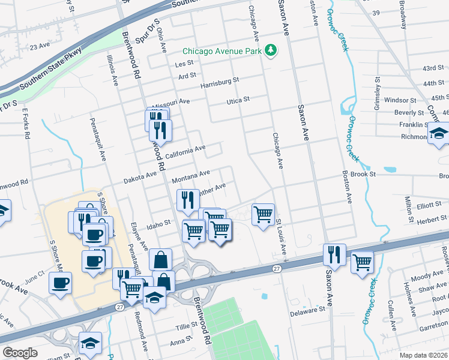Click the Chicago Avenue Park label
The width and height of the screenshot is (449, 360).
pyautogui.click(x=222, y=51)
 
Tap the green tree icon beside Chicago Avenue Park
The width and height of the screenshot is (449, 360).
pyautogui.click(x=271, y=50)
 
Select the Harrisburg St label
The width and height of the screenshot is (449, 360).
pyautogui.click(x=220, y=81)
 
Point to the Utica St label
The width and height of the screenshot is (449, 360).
pyautogui.click(x=238, y=100)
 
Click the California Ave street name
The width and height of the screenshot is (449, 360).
pyautogui.click(x=185, y=151)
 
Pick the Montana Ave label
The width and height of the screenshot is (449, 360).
pyautogui.click(x=190, y=176)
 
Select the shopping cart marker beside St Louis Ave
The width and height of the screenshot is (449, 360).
pyautogui.click(x=264, y=214)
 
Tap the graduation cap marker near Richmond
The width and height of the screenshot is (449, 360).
pyautogui.click(x=438, y=134)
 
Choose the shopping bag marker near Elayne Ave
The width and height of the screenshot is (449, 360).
pyautogui.click(x=161, y=260)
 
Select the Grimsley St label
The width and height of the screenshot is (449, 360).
pyautogui.click(x=378, y=91)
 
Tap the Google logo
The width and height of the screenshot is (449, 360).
pyautogui.click(x=19, y=353)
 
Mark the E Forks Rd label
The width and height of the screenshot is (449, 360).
pyautogui.click(x=26, y=124)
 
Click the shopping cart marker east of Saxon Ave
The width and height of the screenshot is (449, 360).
pyautogui.click(x=362, y=262)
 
